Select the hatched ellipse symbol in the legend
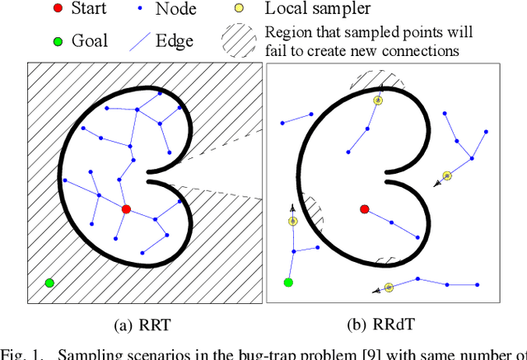tap(240, 40)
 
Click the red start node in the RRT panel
tap(126, 209)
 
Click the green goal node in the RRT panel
tap(49, 283)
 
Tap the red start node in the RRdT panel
tap(365, 209)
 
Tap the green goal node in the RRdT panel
tap(288, 283)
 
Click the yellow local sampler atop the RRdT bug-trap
tap(378, 101)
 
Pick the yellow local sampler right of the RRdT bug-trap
tap(447, 175)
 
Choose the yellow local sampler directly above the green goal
tap(292, 221)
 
